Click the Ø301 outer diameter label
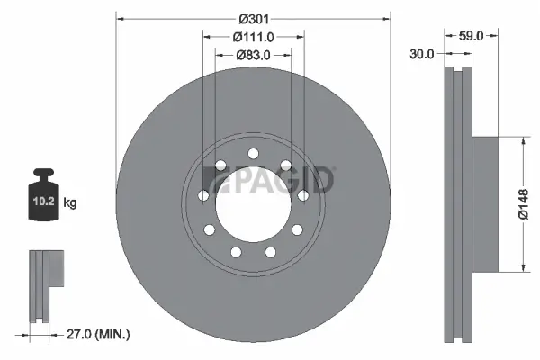pos(253,17)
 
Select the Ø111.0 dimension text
pos(253,37)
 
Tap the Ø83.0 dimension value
pos(253,56)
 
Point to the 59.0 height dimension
pos(472,37)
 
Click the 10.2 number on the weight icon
pos(44,203)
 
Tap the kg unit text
pos(70,203)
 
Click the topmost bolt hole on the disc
pos(253,151)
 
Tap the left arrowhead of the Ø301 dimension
pos(120,17)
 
